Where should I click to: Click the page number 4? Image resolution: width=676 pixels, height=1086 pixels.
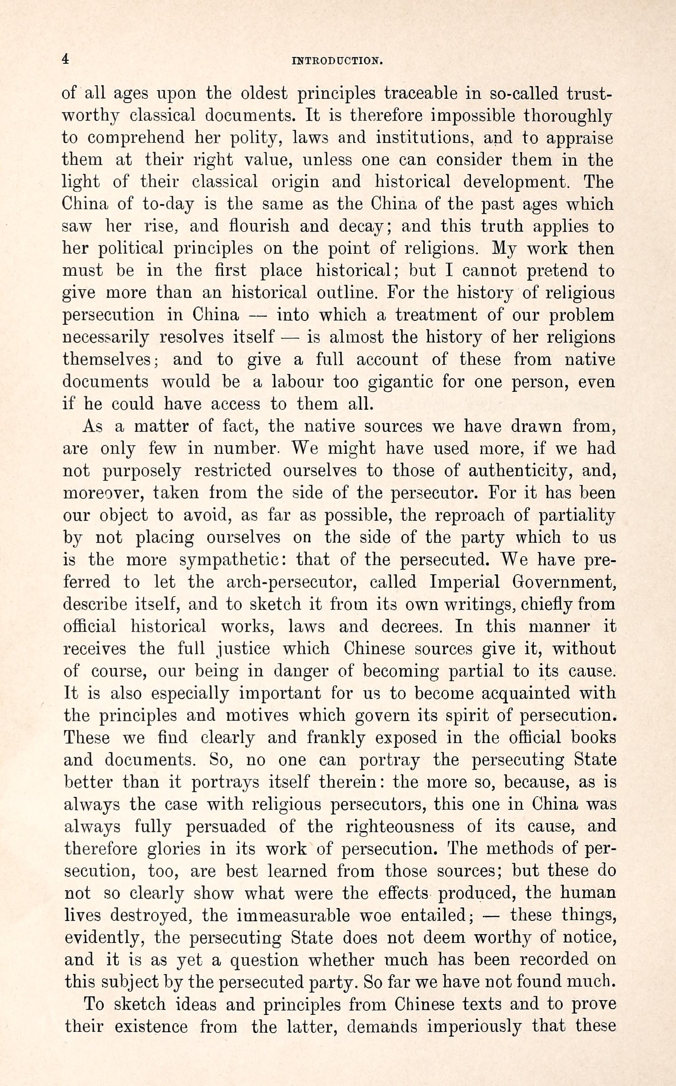click(65, 60)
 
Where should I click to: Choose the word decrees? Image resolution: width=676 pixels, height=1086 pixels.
click(412, 626)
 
